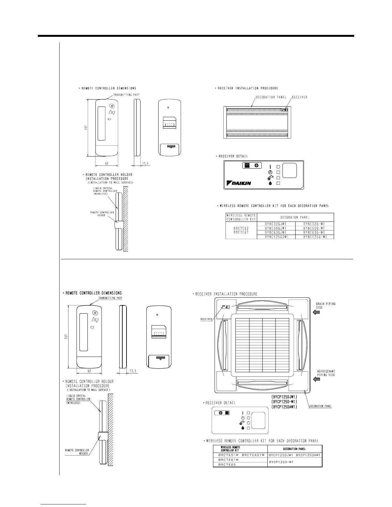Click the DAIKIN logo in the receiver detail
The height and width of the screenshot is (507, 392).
pos(239,183)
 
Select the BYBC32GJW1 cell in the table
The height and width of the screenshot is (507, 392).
pos(276,224)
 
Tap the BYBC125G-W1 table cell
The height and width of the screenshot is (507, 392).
pos(314,237)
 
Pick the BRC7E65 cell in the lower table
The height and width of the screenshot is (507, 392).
pos(227,464)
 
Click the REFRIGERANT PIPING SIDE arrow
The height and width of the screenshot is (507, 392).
pos(316,379)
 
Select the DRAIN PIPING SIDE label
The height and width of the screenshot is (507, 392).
pos(326,305)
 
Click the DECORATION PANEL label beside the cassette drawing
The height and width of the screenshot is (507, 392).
pos(320,406)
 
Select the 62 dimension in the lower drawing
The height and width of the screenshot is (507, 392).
pos(89,371)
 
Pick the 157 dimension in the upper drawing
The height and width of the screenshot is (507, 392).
pos(84,127)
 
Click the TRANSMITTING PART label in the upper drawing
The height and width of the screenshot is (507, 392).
pos(127,94)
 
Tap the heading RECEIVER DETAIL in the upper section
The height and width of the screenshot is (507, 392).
pos(233,156)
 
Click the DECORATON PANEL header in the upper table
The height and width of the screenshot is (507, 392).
pos(295,217)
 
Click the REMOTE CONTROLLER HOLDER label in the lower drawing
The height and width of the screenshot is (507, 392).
pos(77,452)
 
